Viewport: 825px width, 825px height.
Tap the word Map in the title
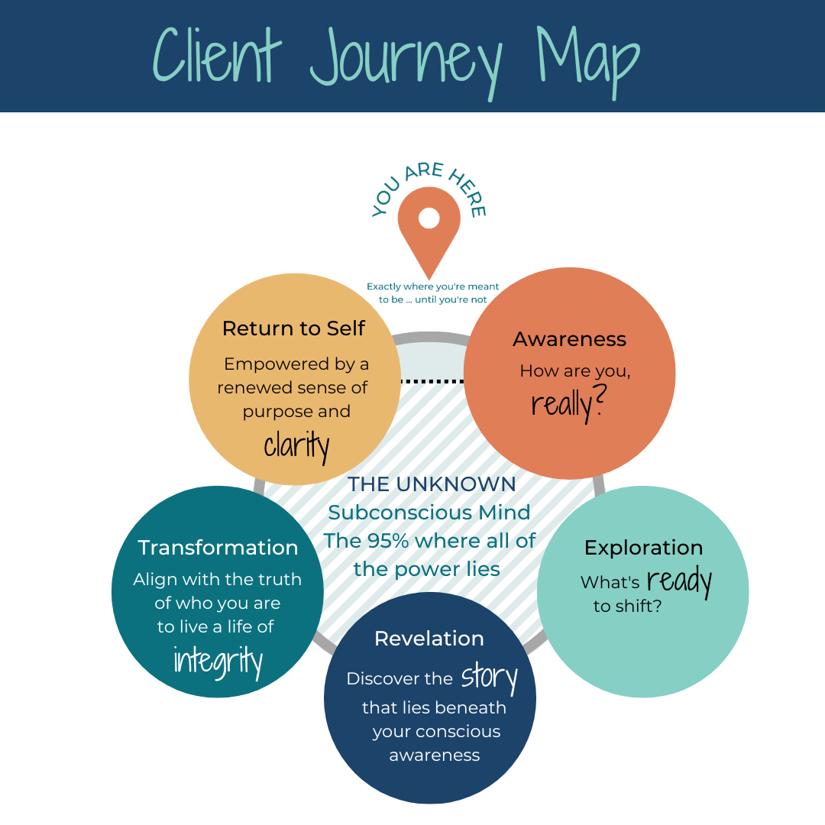[x=588, y=57]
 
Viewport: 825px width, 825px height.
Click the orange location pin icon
[x=429, y=229]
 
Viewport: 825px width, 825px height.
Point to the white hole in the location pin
[x=429, y=218]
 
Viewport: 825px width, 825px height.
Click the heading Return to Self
[x=293, y=328]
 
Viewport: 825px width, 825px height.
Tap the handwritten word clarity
[x=296, y=445]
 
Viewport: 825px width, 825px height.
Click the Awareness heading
[x=569, y=339]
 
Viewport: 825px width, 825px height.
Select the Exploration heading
[x=643, y=548]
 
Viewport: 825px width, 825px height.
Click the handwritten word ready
[x=679, y=582]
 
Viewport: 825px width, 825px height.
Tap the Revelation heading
[x=429, y=639]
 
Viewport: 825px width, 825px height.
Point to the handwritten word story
[x=489, y=678]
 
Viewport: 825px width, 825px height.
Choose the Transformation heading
[x=218, y=548]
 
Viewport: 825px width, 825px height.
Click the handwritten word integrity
[x=218, y=660]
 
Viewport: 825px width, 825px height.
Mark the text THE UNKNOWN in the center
[x=432, y=484]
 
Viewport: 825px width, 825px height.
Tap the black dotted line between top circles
[x=432, y=380]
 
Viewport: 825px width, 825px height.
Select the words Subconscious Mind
[x=429, y=513]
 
